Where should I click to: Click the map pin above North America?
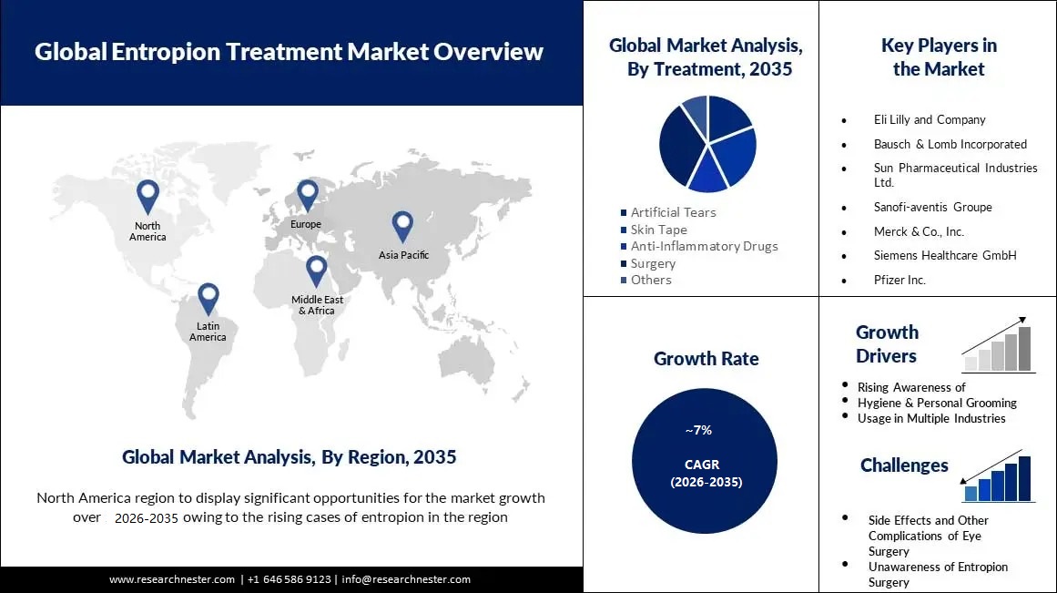pos(147,195)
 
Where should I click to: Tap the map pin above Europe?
pos(307,193)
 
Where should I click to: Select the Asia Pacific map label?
pos(403,255)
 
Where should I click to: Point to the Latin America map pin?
pos(208,297)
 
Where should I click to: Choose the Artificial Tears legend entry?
pos(673,212)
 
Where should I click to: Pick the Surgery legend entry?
pos(653,263)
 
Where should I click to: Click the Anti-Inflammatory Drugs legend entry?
pos(704,246)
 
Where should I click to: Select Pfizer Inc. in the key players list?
pos(899,280)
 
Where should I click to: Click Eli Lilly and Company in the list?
pos(930,119)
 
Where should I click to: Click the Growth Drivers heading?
pos(887,344)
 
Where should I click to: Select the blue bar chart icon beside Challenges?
pos(998,478)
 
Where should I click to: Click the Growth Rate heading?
pos(706,359)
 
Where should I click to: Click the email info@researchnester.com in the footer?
pos(406,579)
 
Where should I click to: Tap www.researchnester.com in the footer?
pos(172,579)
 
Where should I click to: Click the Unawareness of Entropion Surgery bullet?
pos(938,574)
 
